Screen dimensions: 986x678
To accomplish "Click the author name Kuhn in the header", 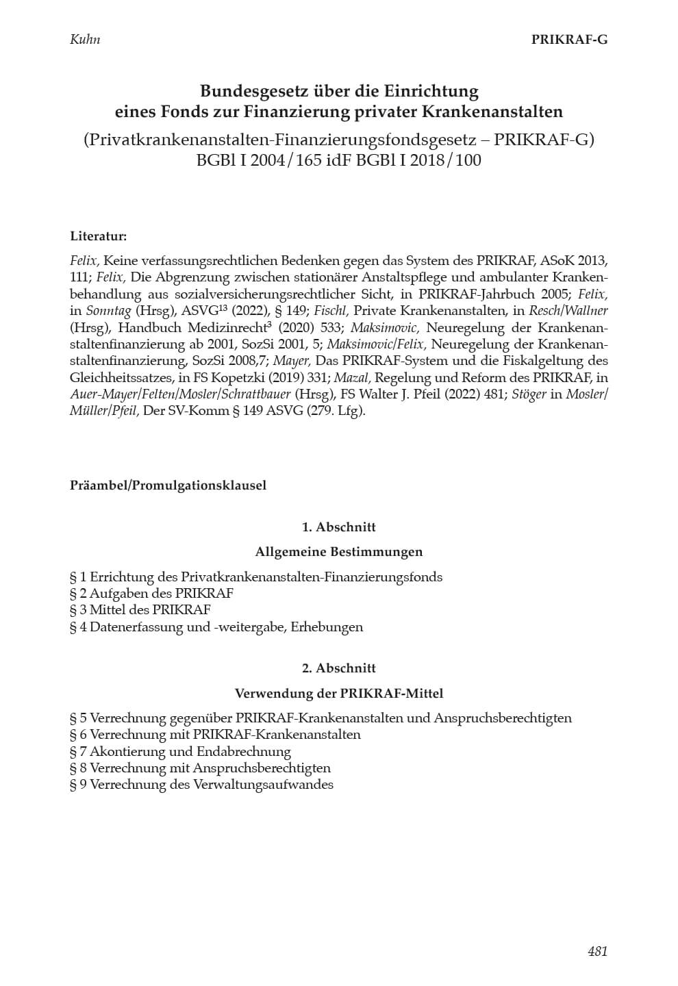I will click(85, 39).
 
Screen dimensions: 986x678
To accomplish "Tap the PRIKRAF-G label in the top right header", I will click(569, 39).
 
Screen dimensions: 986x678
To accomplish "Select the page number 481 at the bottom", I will click(597, 950).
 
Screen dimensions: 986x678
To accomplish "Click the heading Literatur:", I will click(98, 236).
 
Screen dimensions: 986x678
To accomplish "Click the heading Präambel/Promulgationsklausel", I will click(168, 485).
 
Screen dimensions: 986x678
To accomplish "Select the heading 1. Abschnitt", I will click(339, 527).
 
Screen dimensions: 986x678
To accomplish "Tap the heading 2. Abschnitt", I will click(339, 668).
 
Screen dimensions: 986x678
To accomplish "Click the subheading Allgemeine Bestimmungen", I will click(339, 552).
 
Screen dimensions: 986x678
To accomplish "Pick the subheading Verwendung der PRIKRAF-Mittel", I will click(339, 694).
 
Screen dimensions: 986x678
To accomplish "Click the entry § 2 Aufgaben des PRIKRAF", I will click(151, 594).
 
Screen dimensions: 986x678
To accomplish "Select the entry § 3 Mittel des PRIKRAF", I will click(140, 610).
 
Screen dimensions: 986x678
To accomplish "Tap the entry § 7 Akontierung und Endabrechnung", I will click(180, 752).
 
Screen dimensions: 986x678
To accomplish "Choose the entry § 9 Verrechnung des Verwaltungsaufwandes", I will click(201, 785).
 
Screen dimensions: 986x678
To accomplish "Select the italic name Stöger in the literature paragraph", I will click(530, 394).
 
